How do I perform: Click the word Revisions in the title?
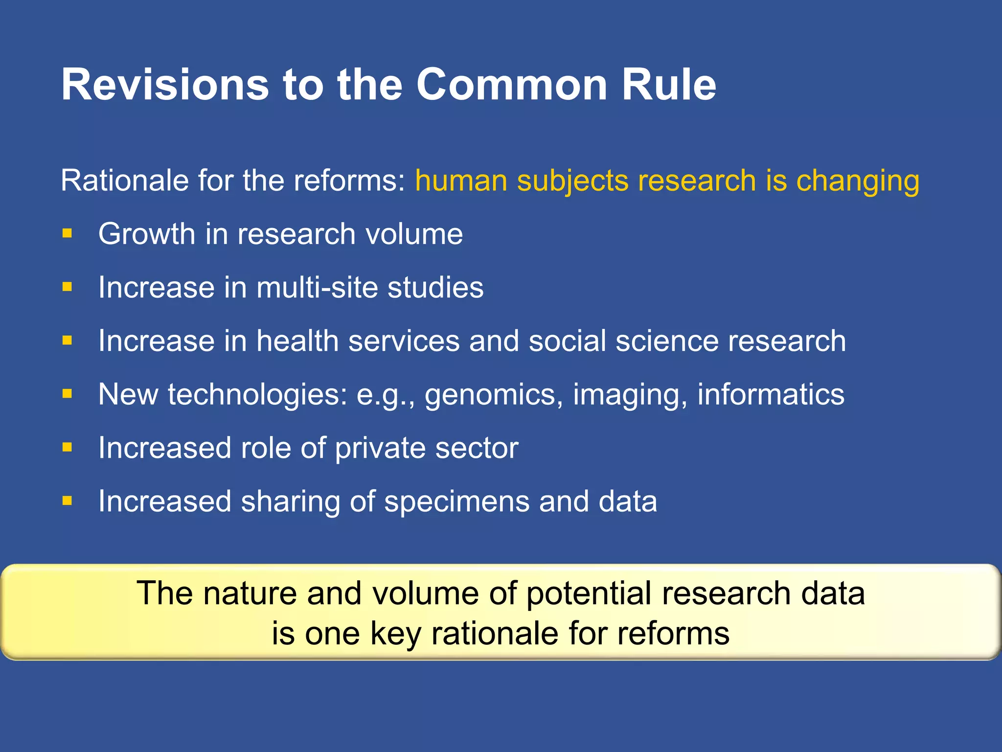tap(165, 85)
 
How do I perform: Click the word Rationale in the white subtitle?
tap(124, 180)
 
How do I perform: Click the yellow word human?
tap(461, 180)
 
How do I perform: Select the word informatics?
tap(771, 394)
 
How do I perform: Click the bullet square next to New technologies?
tap(67, 394)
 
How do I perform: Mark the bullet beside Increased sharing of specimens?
tap(67, 501)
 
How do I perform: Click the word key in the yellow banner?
tap(395, 634)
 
